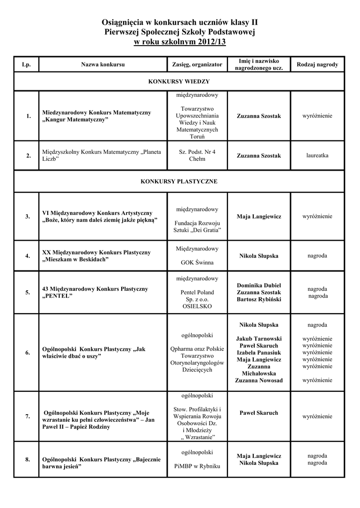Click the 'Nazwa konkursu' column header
point(103,65)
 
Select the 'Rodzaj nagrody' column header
point(317,65)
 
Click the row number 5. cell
point(28,292)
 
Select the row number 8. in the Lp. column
point(28,459)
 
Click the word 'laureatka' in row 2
point(317,155)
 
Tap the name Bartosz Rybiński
point(259,300)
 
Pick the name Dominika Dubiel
point(259,285)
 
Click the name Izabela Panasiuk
point(259,352)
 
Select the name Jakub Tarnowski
point(259,338)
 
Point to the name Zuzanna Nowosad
point(259,380)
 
